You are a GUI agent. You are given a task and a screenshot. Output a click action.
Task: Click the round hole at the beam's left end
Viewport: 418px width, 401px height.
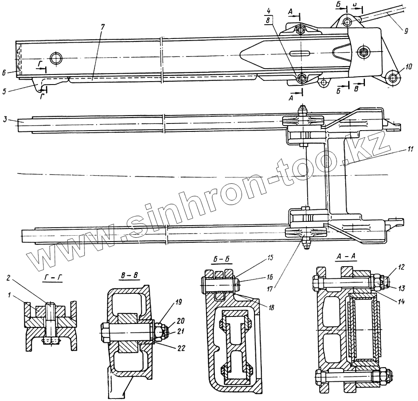click(56, 57)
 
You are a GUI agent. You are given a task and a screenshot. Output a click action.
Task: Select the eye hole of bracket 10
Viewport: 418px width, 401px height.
click(392, 77)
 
